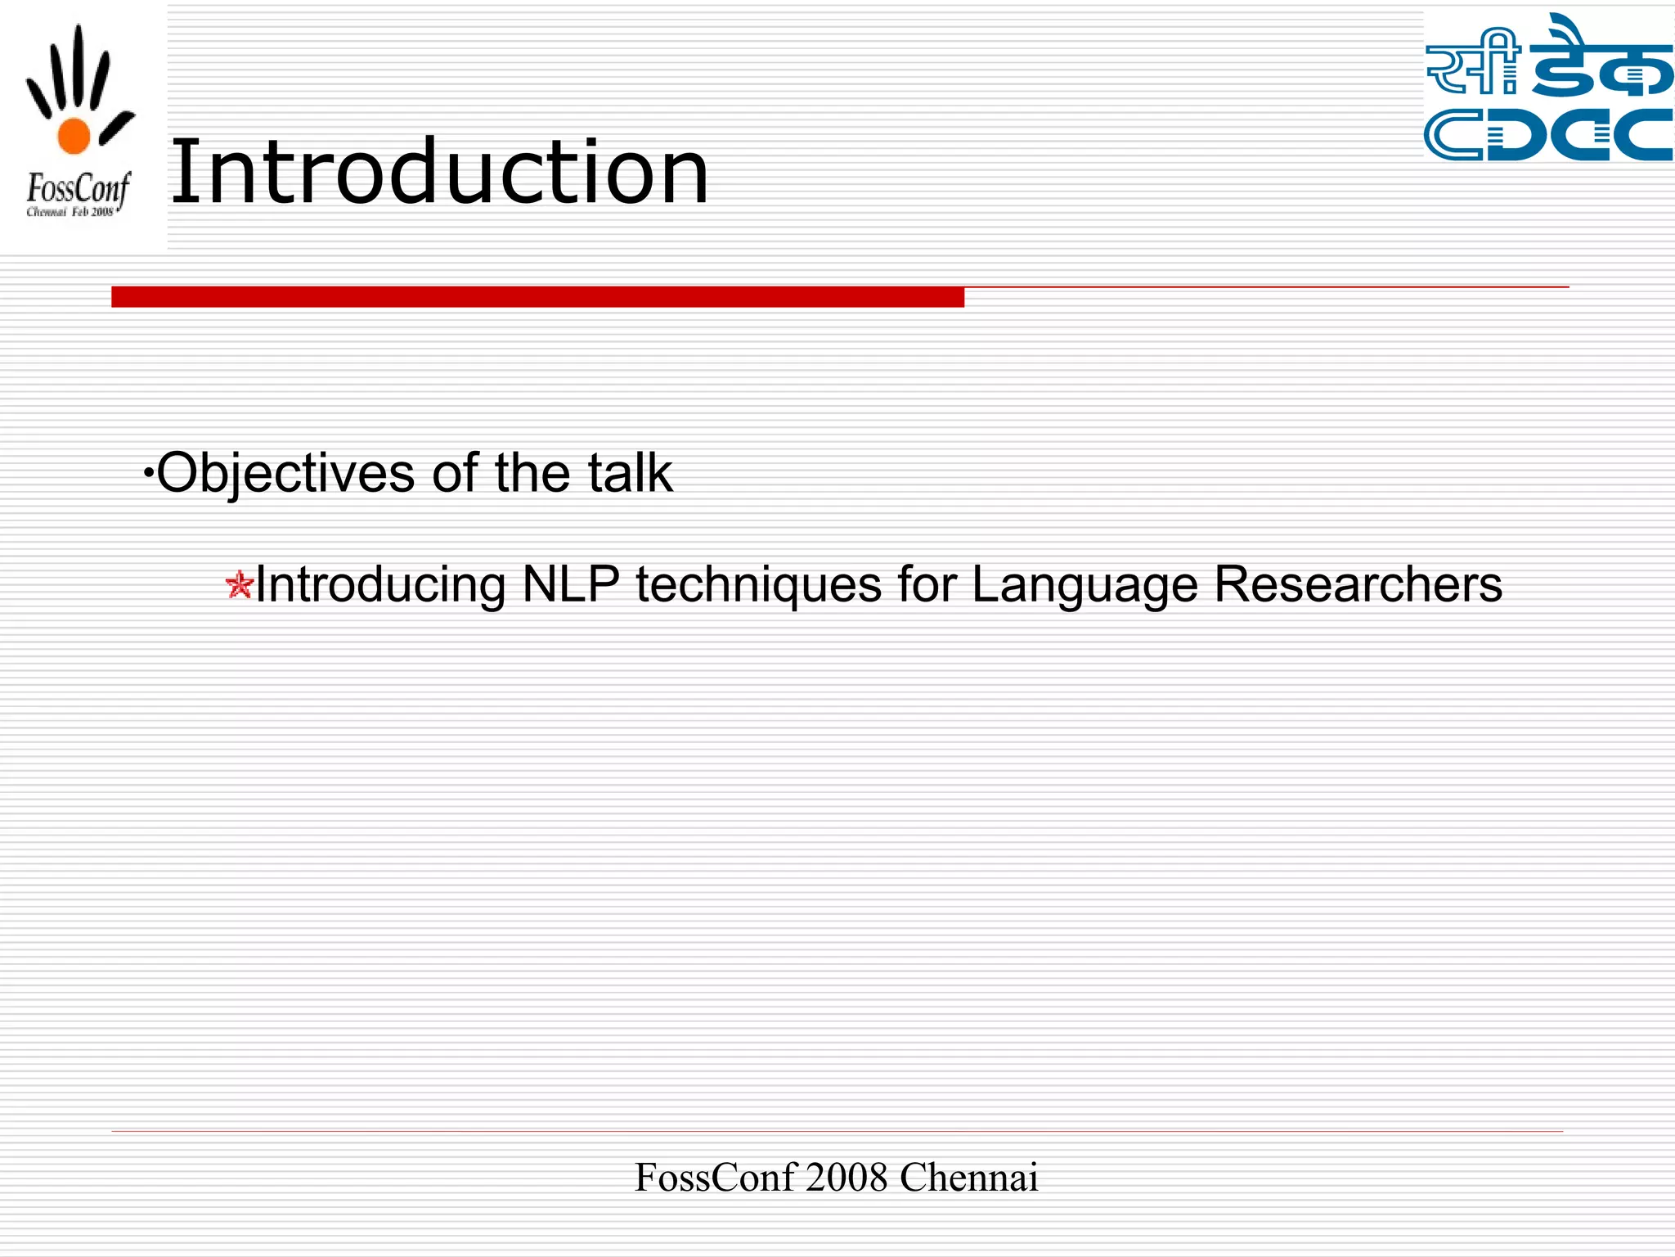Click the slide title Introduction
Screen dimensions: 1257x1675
coord(439,172)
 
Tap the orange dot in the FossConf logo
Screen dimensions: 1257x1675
coord(74,136)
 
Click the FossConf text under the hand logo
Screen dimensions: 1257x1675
coord(78,190)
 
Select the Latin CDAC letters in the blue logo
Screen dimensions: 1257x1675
coord(1548,135)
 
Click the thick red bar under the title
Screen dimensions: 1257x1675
coord(537,297)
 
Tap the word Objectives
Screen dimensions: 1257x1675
coord(285,473)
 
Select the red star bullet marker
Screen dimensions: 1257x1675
coord(239,585)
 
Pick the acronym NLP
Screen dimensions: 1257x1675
coord(570,584)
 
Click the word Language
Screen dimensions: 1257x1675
coord(1084,585)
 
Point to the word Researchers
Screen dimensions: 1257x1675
coord(1358,584)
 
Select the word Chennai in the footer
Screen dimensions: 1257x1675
coord(968,1178)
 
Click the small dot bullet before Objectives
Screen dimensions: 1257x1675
coord(148,473)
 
